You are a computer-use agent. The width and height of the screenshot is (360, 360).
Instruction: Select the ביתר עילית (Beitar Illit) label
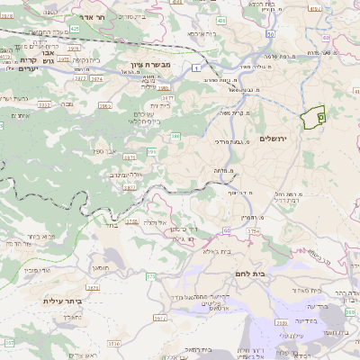(x=62, y=301)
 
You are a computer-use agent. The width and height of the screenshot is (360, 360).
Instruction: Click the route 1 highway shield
(x=197, y=66)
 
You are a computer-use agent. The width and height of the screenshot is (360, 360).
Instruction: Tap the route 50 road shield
(x=270, y=33)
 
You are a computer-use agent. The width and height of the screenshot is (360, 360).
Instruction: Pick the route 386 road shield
(x=175, y=136)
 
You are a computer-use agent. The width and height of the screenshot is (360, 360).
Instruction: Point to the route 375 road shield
(x=253, y=231)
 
